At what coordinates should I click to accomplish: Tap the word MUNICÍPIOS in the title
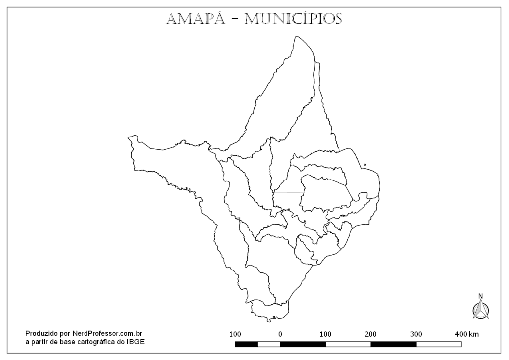[x=294, y=19]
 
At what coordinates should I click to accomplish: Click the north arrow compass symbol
[x=480, y=309]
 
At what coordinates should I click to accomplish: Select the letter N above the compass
[x=480, y=296]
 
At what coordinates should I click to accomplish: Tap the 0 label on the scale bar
[x=280, y=334]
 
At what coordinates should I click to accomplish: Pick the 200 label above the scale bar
[x=371, y=334]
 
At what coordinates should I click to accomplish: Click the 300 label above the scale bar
[x=416, y=334]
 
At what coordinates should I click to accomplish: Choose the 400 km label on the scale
[x=466, y=334]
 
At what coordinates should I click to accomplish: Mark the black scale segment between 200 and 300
[x=393, y=344]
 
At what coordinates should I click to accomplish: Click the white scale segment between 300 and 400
[x=438, y=344]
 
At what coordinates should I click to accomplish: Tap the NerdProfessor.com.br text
[x=107, y=333]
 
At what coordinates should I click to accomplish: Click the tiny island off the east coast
[x=365, y=165]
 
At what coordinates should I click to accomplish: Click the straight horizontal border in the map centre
[x=288, y=193]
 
